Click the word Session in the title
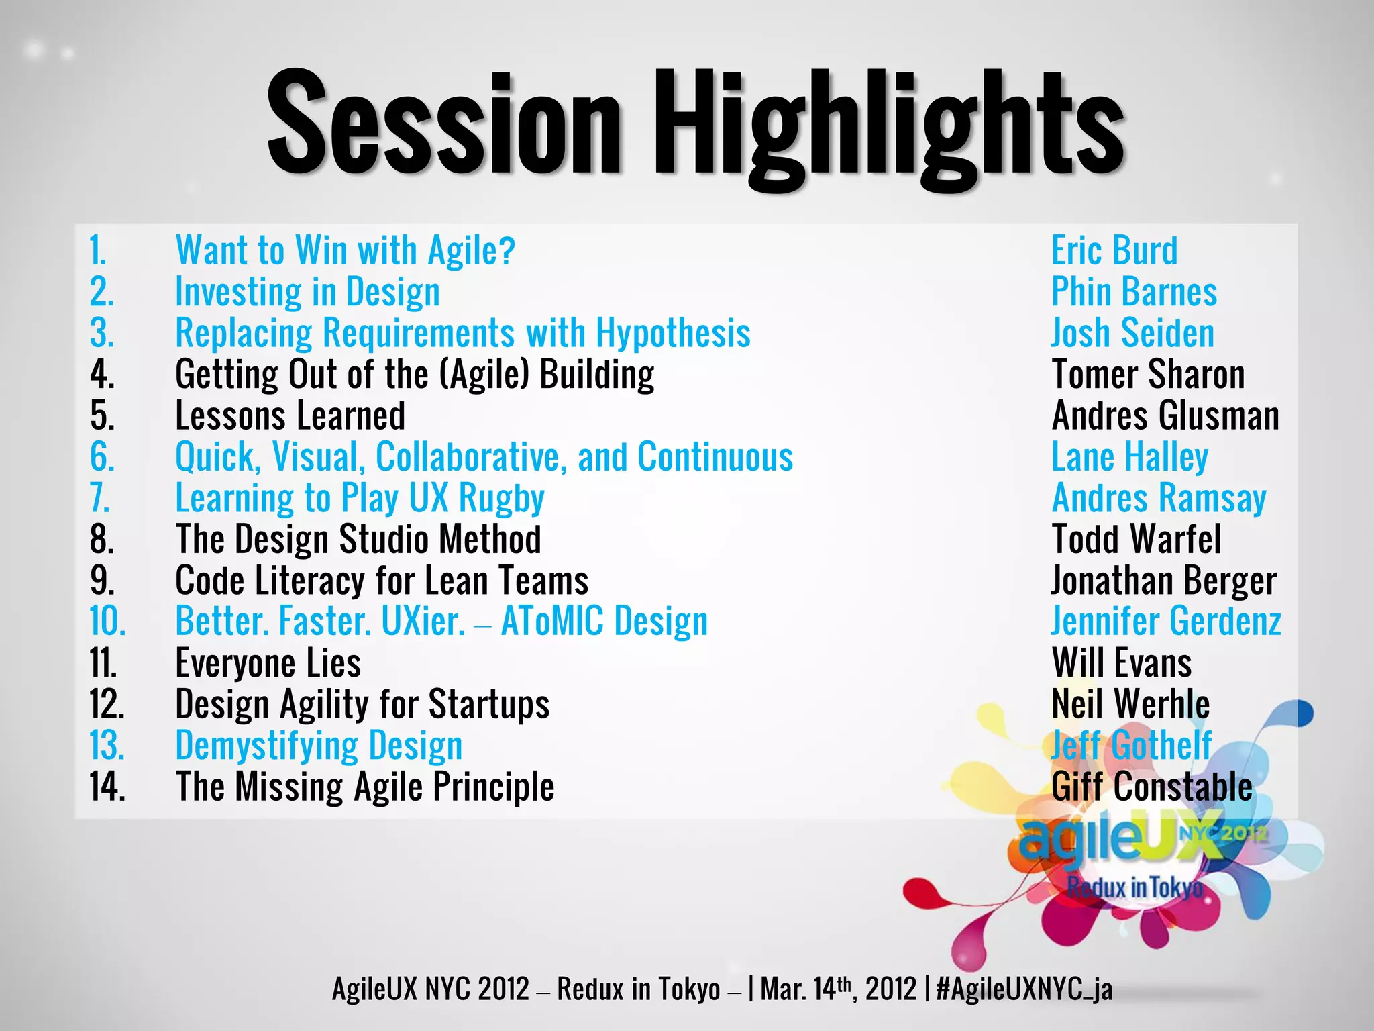tap(444, 124)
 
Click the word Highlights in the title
tap(888, 128)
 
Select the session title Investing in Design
tap(307, 293)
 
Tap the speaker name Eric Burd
tap(1114, 251)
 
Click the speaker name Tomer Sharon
tap(1148, 375)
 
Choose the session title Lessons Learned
tap(290, 416)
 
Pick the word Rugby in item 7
tap(501, 499)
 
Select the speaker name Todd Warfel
tap(1136, 540)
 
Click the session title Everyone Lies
tap(268, 663)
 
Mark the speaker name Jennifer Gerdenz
tap(1166, 622)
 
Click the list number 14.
tap(107, 787)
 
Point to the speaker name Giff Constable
tap(1152, 787)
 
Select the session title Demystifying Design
tap(319, 746)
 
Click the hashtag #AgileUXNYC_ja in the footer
tap(1024, 989)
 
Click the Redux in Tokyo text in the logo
tap(1134, 887)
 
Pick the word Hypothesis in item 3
tap(673, 334)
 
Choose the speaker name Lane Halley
tap(1130, 458)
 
